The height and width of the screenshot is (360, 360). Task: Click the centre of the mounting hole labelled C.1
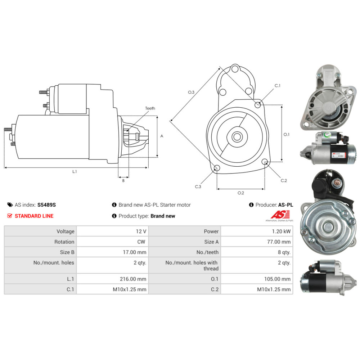(258, 105)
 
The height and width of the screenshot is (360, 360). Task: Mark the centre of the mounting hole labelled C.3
(217, 168)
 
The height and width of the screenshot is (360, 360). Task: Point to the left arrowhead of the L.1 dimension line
(5, 168)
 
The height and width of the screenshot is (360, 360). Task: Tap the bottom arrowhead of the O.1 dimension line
(282, 160)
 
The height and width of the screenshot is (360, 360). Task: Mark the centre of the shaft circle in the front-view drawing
(237, 137)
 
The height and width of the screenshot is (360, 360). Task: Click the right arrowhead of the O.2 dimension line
(263, 189)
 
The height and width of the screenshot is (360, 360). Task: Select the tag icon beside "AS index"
(10, 205)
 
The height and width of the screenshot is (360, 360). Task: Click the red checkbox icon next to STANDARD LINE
(10, 216)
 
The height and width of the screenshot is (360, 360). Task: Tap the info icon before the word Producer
(251, 205)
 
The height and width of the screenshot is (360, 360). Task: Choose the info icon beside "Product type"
(114, 216)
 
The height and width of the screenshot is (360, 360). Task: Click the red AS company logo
(280, 215)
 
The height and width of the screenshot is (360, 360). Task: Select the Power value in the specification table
(281, 231)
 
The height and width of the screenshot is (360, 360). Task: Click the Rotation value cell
(141, 242)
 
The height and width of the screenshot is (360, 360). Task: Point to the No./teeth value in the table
(284, 252)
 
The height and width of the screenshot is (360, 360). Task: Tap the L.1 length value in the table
(133, 279)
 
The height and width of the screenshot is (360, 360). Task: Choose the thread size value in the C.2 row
(274, 289)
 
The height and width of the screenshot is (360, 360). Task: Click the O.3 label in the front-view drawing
(191, 92)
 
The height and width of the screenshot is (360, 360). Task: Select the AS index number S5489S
(46, 205)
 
